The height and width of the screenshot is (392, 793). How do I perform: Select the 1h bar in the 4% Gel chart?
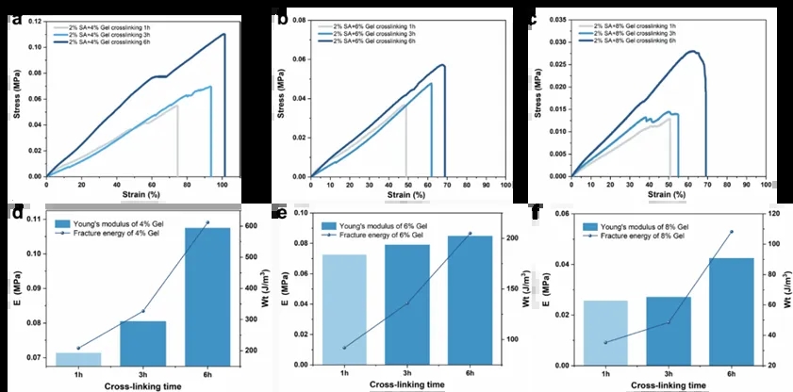coord(79,358)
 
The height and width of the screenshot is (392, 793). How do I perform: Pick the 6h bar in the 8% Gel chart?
coord(732,311)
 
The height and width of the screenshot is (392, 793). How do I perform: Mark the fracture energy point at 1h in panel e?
coord(344,348)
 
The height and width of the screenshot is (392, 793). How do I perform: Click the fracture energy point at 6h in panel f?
coord(732,232)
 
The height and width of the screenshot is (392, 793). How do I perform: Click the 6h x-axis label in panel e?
coord(469,374)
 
